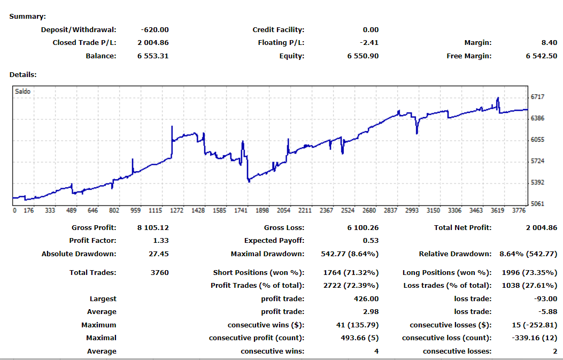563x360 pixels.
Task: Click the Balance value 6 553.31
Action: click(153, 56)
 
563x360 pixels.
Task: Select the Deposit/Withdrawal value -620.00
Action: click(155, 30)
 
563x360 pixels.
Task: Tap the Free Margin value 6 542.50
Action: click(542, 56)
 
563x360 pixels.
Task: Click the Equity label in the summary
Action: click(291, 56)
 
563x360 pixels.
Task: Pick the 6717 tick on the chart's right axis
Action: click(537, 97)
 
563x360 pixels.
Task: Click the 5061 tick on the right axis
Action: click(537, 204)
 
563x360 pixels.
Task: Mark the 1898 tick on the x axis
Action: click(263, 211)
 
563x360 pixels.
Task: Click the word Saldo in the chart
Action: click(23, 91)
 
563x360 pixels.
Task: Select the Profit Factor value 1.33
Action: click(161, 241)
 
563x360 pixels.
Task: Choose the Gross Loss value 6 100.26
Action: click(363, 228)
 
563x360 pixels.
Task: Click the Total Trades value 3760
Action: click(160, 273)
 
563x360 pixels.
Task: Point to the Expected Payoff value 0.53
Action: click(371, 241)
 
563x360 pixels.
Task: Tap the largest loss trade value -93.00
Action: click(546, 299)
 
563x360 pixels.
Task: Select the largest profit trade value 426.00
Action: click(367, 299)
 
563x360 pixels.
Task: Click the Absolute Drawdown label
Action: click(79, 254)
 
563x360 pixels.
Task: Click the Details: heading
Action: click(23, 75)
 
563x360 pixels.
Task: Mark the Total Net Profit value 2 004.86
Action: click(542, 228)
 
